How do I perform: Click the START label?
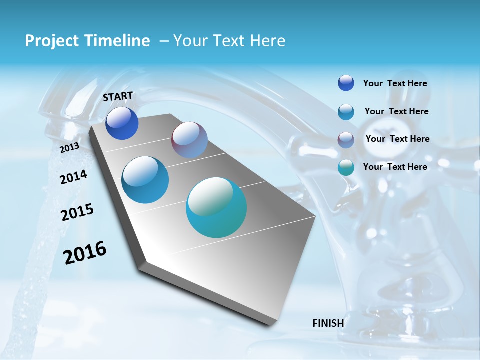118,96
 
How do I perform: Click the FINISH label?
328,323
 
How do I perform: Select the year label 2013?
69,148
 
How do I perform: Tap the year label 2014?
73,177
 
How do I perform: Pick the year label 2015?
77,212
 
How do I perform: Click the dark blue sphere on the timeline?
122,123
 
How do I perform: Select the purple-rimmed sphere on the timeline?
189,140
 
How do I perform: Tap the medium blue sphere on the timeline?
145,180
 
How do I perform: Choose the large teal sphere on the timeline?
216,207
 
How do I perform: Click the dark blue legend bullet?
346,83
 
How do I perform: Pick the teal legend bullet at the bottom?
346,167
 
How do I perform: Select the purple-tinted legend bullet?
346,140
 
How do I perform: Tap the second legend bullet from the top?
346,112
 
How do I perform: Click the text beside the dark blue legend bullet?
395,83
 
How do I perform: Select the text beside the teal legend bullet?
395,167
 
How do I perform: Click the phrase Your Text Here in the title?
229,41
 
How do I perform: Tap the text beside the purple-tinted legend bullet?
397,139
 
